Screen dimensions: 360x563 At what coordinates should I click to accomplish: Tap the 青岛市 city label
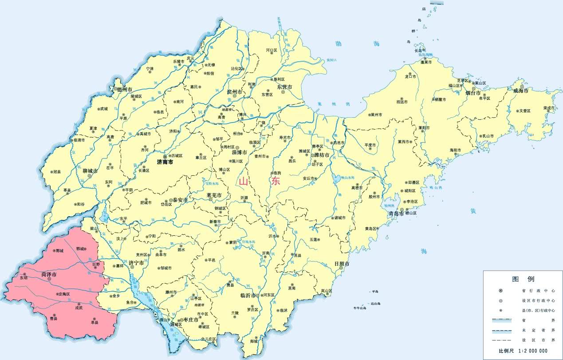[395, 214]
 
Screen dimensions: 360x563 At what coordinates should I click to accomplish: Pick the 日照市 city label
[342, 264]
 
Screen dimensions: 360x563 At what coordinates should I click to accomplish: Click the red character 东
[276, 181]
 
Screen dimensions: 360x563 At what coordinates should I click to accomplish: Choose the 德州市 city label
[126, 89]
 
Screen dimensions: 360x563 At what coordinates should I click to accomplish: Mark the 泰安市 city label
[181, 200]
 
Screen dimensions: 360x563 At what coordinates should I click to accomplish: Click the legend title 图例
[523, 279]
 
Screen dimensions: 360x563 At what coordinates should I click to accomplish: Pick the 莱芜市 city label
[214, 195]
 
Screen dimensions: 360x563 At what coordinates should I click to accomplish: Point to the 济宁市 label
[136, 263]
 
